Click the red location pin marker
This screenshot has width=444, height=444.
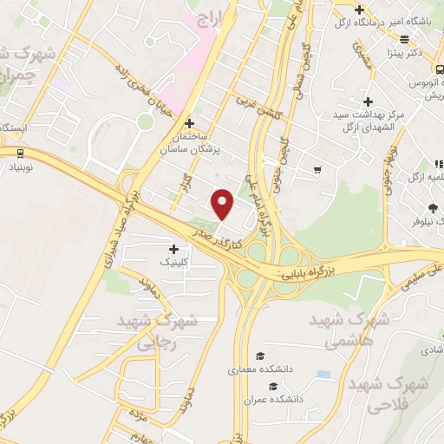pos(223,204)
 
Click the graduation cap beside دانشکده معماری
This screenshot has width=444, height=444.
pos(259,356)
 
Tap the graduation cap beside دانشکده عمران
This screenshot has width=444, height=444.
pos(274,387)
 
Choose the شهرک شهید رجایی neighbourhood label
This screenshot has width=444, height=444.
pos(166,330)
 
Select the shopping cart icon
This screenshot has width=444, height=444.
pos(318,169)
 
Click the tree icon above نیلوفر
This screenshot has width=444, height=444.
pos(432,206)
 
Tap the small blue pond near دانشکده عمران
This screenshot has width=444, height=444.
pos(323,374)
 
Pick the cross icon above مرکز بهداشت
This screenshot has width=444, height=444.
pos(369,102)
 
